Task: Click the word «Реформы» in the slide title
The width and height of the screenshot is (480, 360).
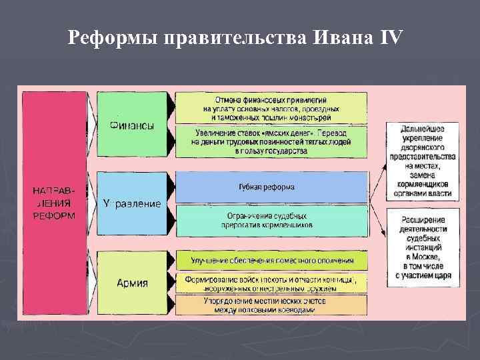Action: coord(110,38)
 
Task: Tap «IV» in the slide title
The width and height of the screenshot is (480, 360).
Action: coord(391,38)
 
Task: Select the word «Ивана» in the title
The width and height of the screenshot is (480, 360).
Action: coord(341,38)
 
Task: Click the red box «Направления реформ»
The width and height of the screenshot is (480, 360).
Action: coord(54,203)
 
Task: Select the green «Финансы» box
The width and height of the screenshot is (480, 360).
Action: coord(132,125)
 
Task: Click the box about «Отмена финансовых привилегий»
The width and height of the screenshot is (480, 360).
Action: coord(271,108)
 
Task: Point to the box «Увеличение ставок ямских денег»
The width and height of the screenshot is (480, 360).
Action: coord(271,141)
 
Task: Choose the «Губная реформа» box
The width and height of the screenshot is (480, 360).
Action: coord(271,187)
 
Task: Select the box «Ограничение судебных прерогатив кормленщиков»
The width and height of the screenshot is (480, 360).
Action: coord(271,221)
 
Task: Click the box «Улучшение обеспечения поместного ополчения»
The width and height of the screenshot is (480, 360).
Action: coord(271,261)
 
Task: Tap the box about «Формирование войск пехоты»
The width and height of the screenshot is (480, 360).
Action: coord(271,283)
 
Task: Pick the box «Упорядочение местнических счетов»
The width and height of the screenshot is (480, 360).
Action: coord(271,305)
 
